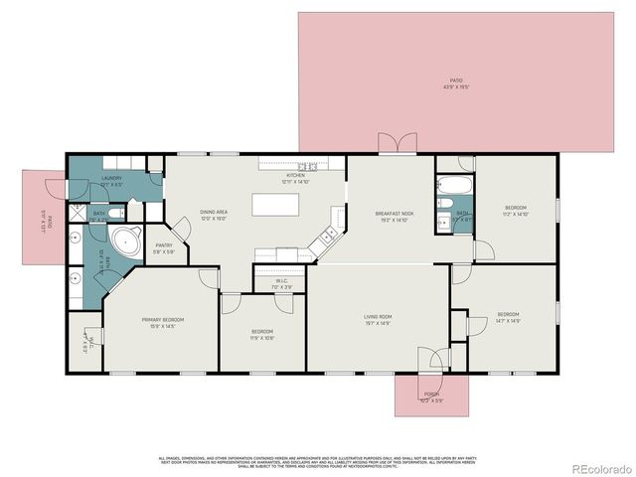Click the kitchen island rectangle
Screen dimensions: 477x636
click(x=279, y=205)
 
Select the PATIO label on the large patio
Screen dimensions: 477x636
click(x=456, y=79)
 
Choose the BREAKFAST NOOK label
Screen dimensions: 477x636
click(x=395, y=213)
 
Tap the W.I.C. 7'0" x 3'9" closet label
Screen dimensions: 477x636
click(x=282, y=282)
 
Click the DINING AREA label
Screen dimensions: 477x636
click(x=215, y=213)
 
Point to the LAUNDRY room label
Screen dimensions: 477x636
click(x=111, y=179)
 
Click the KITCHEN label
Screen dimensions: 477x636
click(x=296, y=177)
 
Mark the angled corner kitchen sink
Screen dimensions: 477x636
click(x=324, y=238)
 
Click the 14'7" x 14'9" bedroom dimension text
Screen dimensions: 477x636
click(x=508, y=321)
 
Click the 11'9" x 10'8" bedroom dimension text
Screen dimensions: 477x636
click(x=262, y=337)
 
